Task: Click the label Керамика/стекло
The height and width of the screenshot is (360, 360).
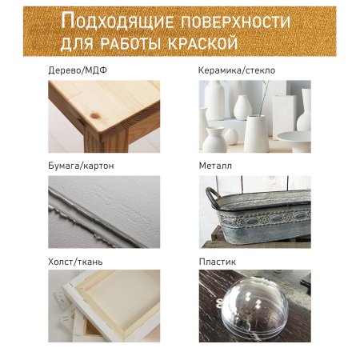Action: click(237, 70)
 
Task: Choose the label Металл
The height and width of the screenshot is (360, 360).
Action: click(217, 166)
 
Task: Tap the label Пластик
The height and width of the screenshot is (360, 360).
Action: click(218, 261)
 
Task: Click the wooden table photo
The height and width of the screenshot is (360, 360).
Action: click(104, 116)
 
